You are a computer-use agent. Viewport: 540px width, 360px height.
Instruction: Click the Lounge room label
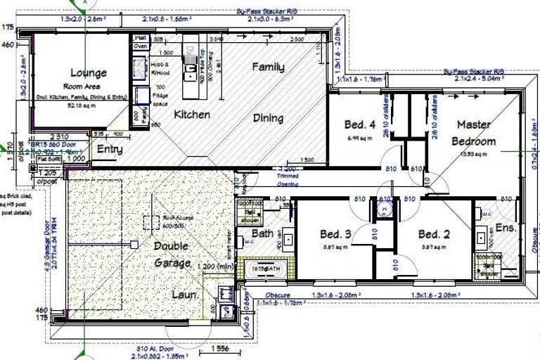coord(88,72)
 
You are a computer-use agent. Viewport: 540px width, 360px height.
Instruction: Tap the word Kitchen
coord(192,114)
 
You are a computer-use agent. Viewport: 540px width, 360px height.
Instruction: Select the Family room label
coord(269,67)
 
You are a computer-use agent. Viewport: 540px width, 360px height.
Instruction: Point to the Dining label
coord(268,118)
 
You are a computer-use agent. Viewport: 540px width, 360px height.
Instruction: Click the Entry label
coord(110,149)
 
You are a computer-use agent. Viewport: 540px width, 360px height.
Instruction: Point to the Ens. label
coord(506,229)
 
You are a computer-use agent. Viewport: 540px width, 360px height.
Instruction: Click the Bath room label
coord(262,233)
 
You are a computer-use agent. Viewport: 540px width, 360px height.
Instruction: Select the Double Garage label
coord(172,254)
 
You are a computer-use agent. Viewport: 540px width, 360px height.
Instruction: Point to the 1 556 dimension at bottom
coord(213,349)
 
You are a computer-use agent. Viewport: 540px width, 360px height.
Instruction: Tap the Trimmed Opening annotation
coord(287,181)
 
